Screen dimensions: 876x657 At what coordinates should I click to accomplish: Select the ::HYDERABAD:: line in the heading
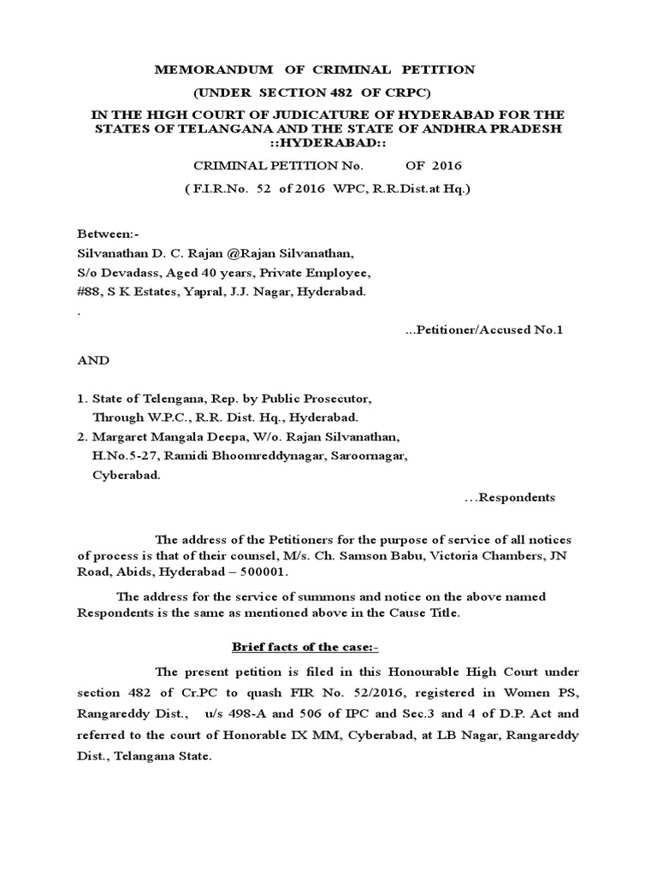tap(329, 142)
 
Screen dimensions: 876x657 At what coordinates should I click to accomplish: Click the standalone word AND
tap(93, 360)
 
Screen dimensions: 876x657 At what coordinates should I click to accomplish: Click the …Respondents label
tap(509, 497)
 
